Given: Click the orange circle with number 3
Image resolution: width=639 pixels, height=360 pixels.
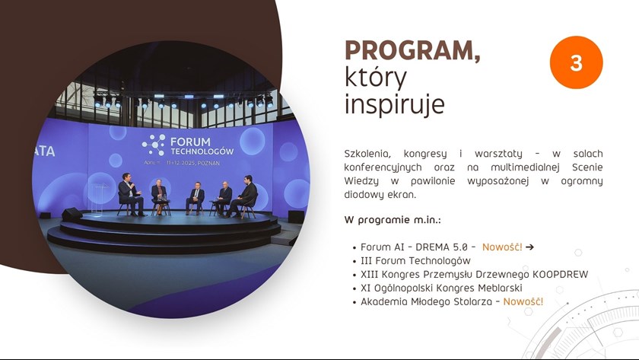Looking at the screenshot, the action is pyautogui.click(x=576, y=62).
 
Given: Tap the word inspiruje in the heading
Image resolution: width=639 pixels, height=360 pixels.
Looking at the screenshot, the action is pyautogui.click(x=394, y=104).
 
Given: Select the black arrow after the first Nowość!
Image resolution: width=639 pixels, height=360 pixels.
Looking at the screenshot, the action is pyautogui.click(x=529, y=247).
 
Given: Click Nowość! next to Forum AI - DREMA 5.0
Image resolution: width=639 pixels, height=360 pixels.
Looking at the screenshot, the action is pyautogui.click(x=502, y=247).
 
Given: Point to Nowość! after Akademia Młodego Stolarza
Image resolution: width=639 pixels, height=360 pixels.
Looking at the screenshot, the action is pyautogui.click(x=523, y=301).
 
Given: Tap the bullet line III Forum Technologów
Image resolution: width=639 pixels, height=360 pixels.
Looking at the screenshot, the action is pyautogui.click(x=415, y=260).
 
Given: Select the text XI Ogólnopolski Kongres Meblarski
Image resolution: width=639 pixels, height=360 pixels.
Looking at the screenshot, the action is pyautogui.click(x=441, y=288).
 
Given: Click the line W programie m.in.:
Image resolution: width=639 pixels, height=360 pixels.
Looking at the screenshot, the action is pyautogui.click(x=393, y=220).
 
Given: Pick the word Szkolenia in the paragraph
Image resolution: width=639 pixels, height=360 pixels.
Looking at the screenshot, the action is pyautogui.click(x=367, y=154).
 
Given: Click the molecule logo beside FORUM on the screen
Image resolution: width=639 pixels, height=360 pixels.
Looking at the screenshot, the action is pyautogui.click(x=154, y=145).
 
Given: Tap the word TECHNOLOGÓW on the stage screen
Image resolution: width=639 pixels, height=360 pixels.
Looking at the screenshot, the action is pyautogui.click(x=202, y=151).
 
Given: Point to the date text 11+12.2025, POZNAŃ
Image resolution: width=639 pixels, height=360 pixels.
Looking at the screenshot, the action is pyautogui.click(x=193, y=163).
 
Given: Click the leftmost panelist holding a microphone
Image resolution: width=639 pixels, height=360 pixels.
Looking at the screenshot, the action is pyautogui.click(x=130, y=194).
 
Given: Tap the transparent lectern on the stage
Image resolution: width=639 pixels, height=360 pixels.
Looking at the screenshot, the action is pyautogui.click(x=98, y=198).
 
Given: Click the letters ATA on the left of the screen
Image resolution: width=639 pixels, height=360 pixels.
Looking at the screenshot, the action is pyautogui.click(x=43, y=151).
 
